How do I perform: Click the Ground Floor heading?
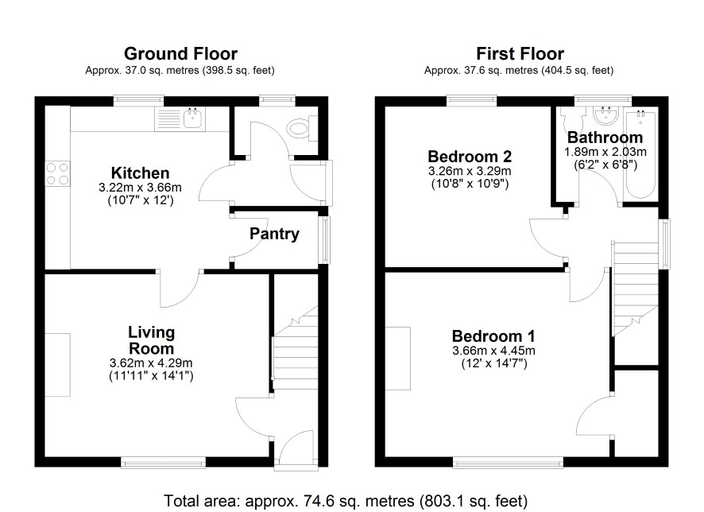[x=180, y=54]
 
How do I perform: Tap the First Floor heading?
[x=520, y=54]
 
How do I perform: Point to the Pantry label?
[x=274, y=234]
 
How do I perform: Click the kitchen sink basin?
[x=193, y=119]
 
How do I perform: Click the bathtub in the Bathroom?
[x=641, y=153]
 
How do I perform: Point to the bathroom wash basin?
[x=605, y=116]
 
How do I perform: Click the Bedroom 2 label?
[x=470, y=157]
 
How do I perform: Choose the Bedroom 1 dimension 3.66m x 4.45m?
[x=493, y=351]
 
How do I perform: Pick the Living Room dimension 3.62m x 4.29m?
[x=151, y=363]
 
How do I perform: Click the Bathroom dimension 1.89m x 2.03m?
[x=605, y=152]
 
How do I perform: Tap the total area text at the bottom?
[x=346, y=500]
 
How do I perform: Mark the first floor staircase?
[x=636, y=289]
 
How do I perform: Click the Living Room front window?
[x=164, y=462]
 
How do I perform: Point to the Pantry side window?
[x=324, y=239]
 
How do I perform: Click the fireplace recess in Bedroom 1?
[x=398, y=359]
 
